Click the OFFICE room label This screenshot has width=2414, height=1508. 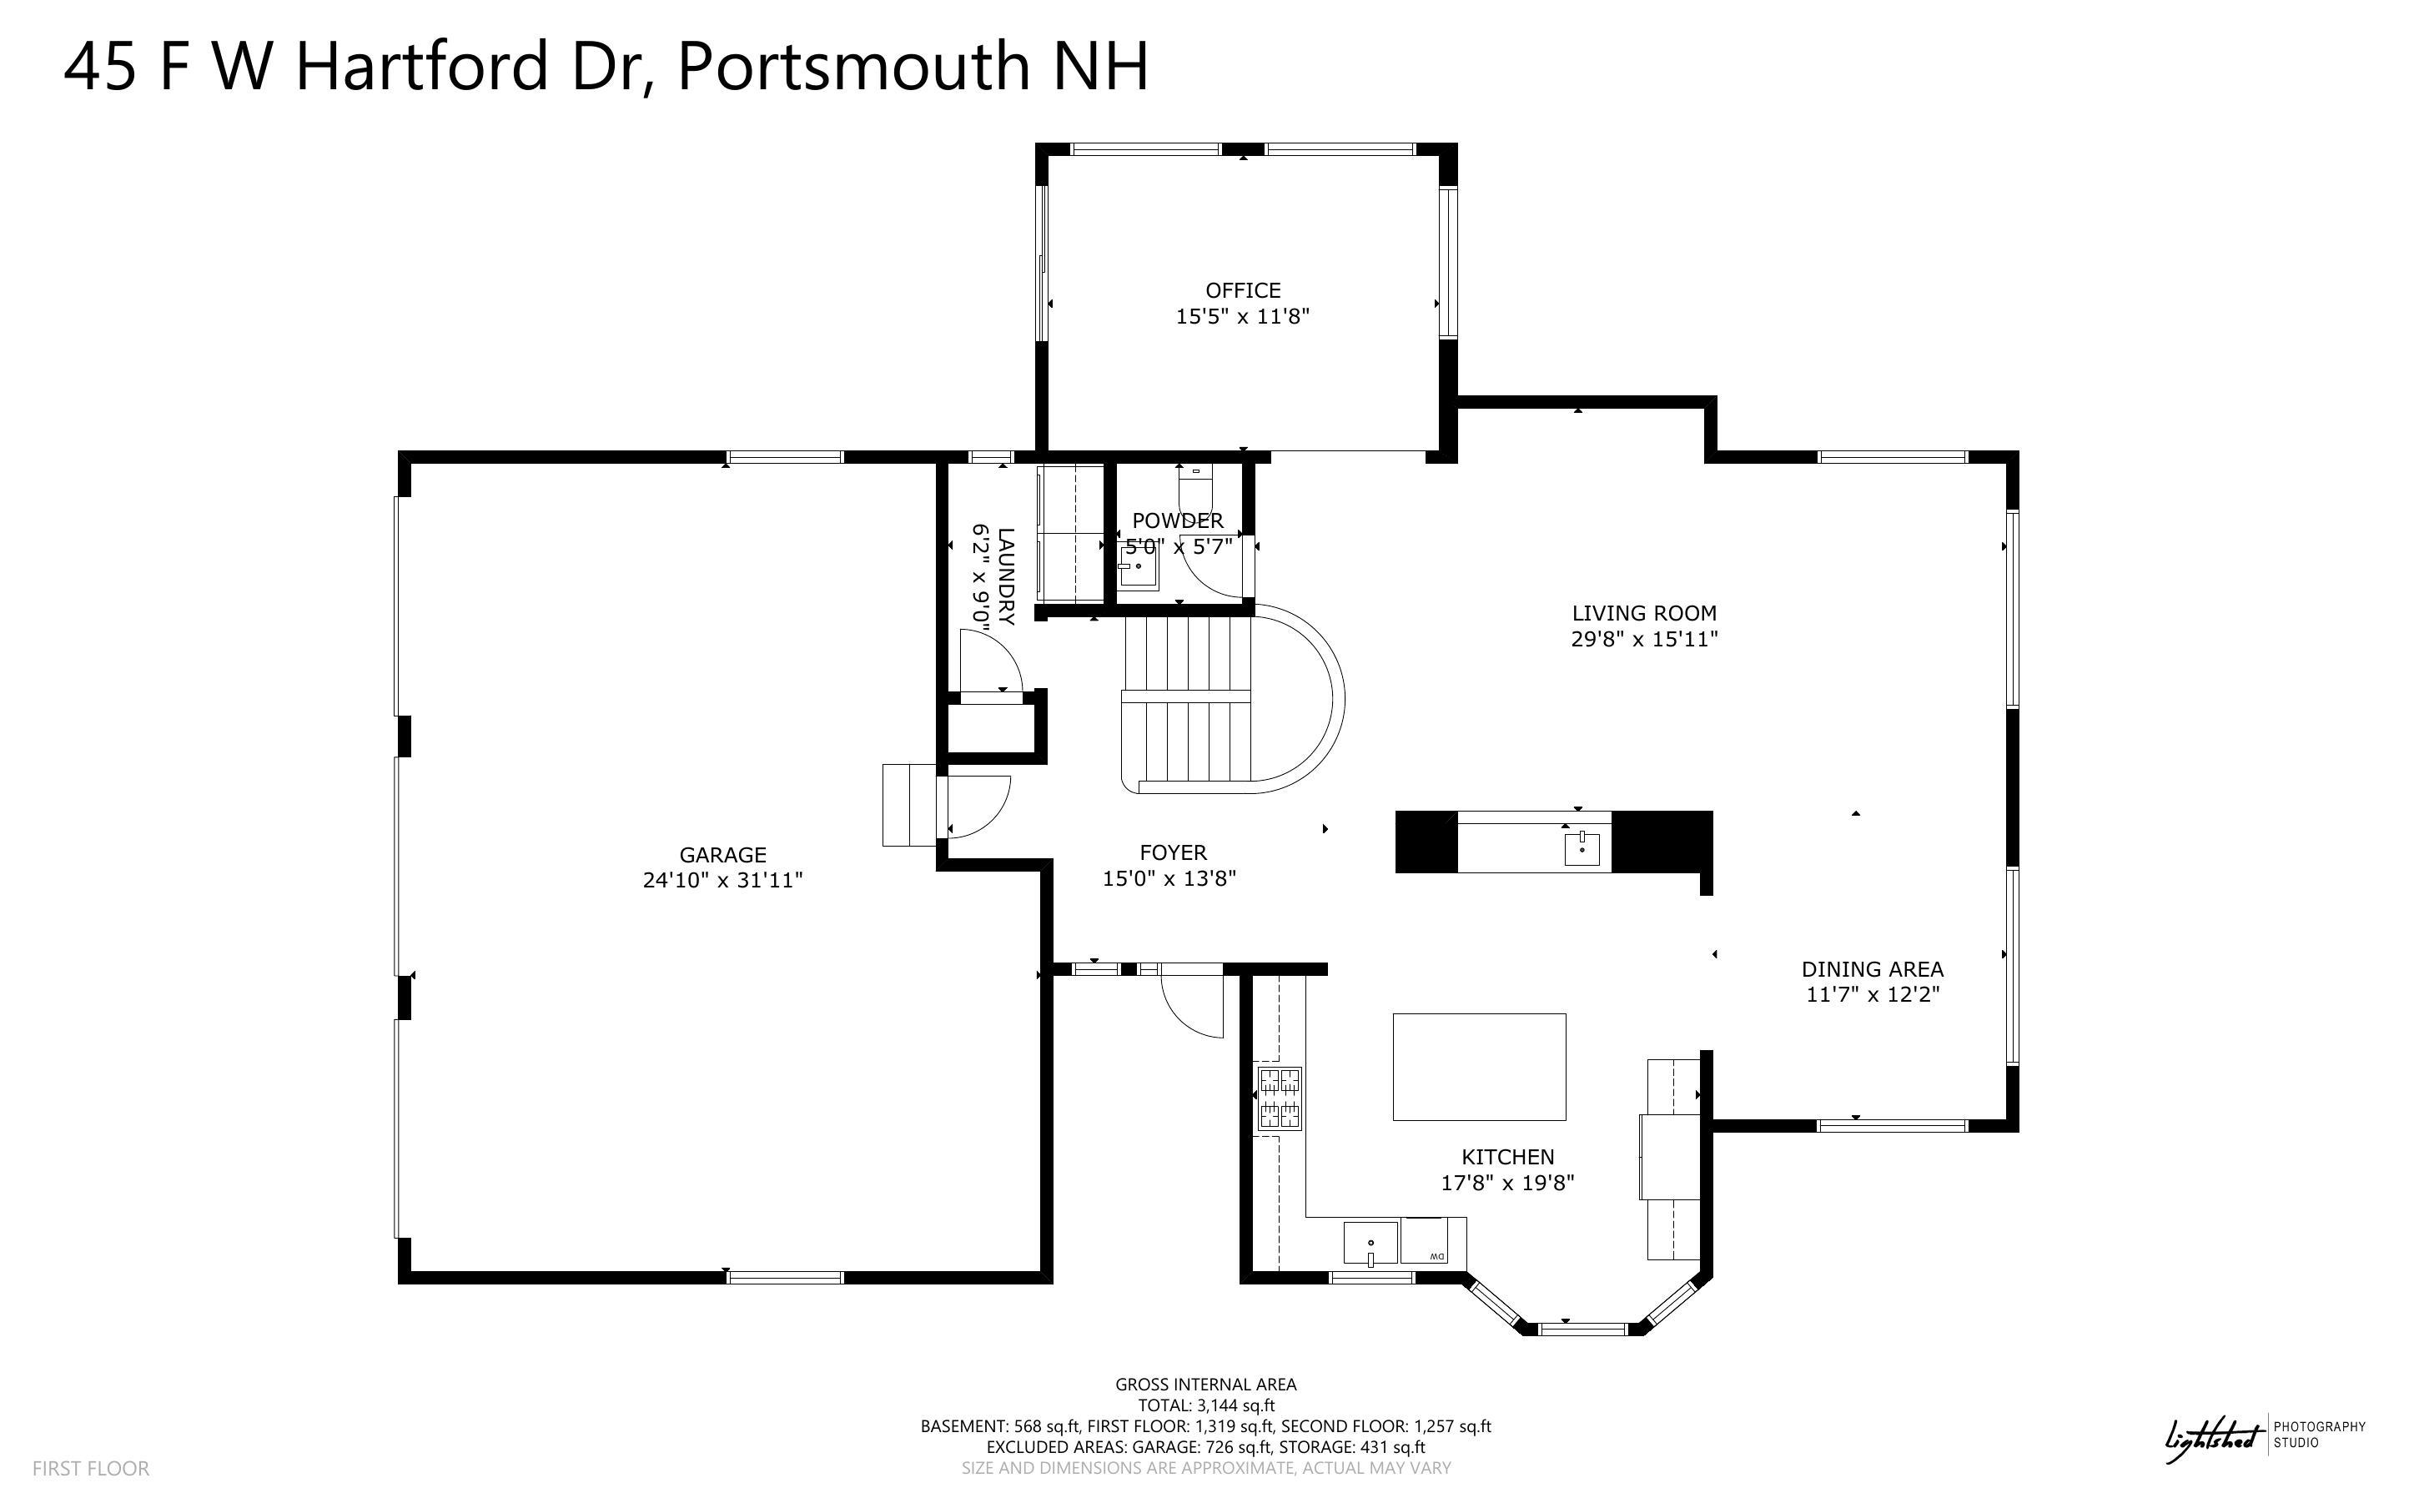[1242, 290]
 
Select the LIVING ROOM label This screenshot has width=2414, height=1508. [1643, 613]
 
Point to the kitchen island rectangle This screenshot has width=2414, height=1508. [1478, 1067]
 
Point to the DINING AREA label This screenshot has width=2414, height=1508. [1872, 968]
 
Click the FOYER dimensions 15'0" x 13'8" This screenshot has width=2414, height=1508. [1169, 878]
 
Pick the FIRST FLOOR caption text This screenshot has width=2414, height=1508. [91, 1468]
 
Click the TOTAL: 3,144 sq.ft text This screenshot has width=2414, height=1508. [1205, 1405]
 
